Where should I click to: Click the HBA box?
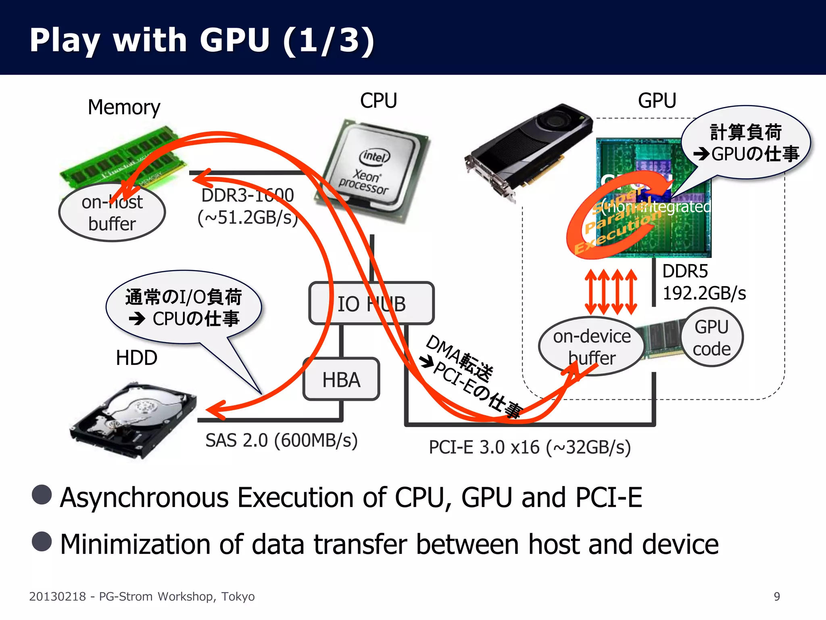click(x=341, y=379)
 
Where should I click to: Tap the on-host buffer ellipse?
click(x=112, y=213)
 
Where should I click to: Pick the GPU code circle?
click(x=712, y=337)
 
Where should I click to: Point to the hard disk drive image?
click(x=133, y=420)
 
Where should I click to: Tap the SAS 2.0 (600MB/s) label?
click(x=282, y=440)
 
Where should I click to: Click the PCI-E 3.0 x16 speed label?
click(x=530, y=447)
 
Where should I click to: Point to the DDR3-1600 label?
click(x=248, y=195)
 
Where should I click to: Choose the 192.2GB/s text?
click(x=704, y=293)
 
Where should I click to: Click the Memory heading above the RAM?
click(x=124, y=107)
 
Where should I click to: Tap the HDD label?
click(x=136, y=358)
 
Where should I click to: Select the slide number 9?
click(x=777, y=596)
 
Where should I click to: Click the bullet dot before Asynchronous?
click(x=42, y=494)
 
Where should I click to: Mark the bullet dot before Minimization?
click(x=42, y=541)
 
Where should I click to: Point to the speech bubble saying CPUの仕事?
click(x=184, y=308)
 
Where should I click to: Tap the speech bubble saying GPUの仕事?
click(x=746, y=143)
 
